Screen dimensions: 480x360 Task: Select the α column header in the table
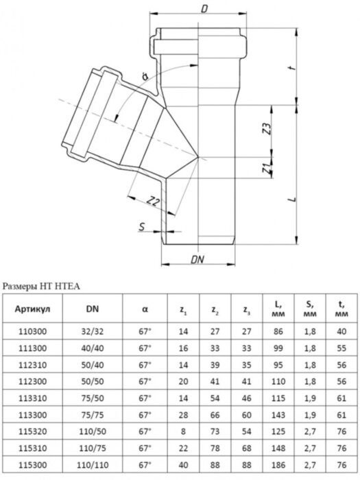[x=145, y=309]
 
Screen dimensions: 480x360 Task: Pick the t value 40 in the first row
[x=339, y=331]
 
